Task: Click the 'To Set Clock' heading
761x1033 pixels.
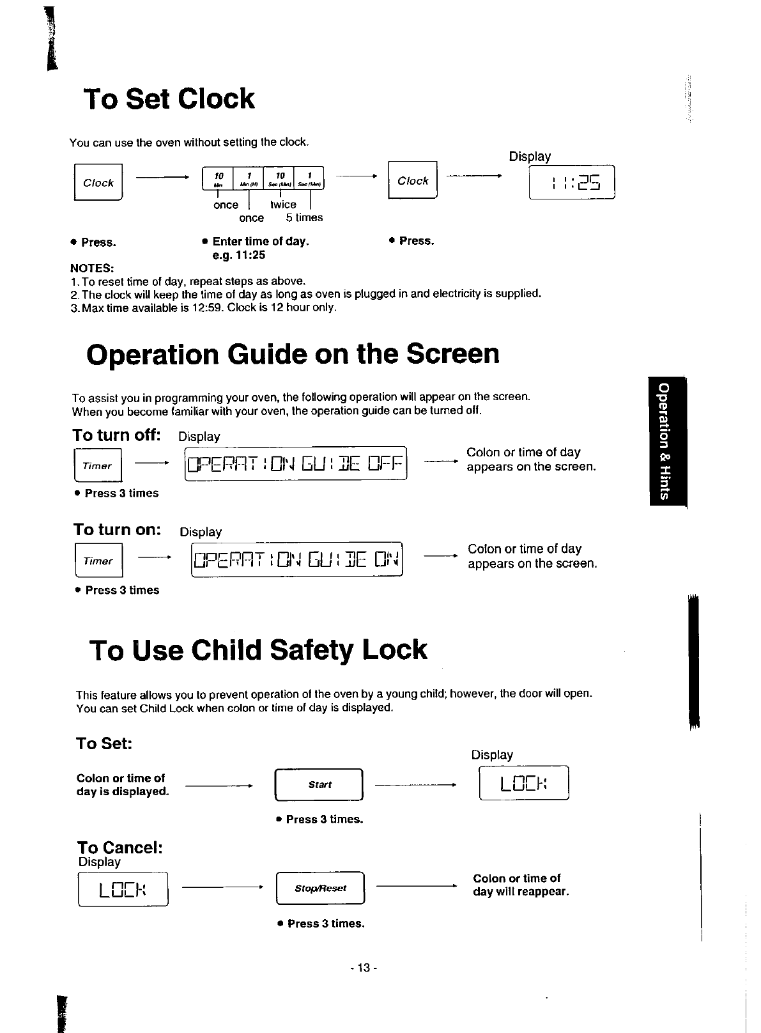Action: pos(169,99)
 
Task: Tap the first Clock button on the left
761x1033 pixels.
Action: pos(98,183)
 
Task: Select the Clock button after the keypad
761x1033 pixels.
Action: pos(413,181)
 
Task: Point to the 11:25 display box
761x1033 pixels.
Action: pos(572,183)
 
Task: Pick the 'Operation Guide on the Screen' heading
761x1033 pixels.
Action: pos(293,354)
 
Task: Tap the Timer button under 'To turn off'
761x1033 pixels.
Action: pos(97,466)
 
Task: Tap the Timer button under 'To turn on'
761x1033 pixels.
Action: pos(98,561)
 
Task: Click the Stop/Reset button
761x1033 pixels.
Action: pos(320,888)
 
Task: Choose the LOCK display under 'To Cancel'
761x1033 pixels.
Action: pos(123,889)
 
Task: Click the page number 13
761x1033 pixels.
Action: pos(364,968)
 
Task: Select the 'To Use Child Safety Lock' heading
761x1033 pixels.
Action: pos(258,650)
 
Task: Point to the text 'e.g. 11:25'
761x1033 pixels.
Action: pos(238,255)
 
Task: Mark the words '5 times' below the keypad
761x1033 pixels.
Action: pos(304,218)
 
